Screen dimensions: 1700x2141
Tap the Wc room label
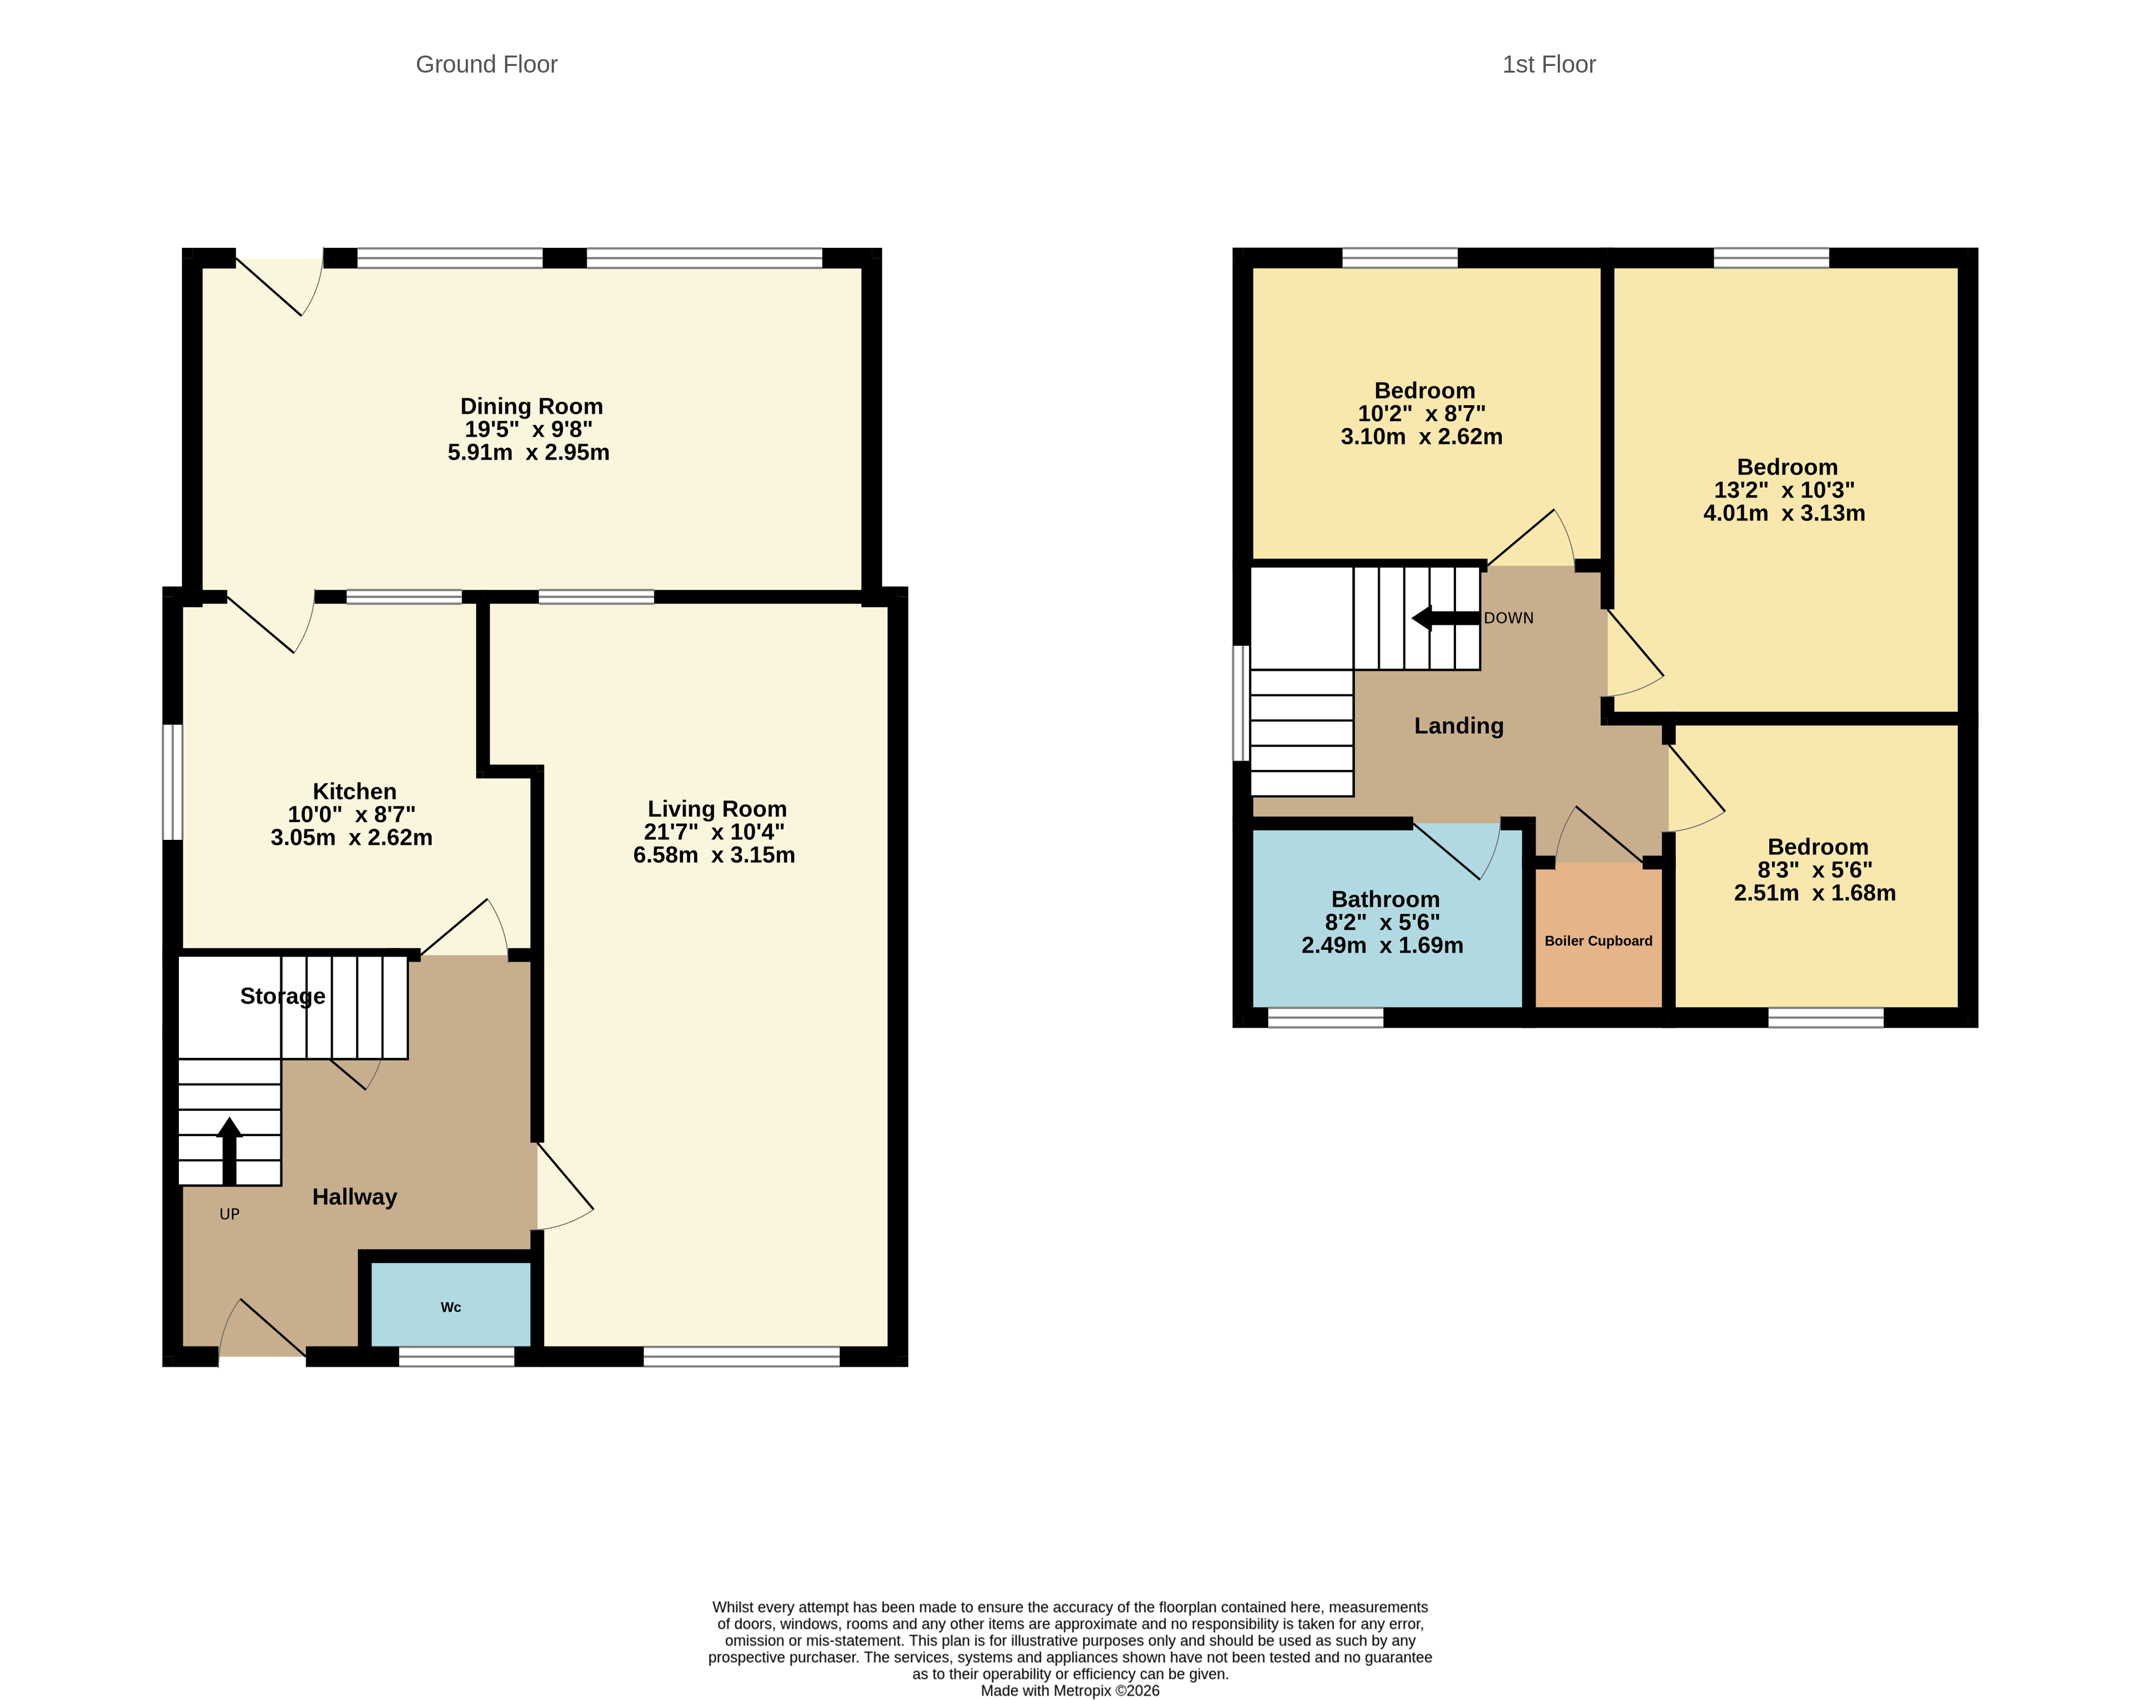click(450, 1307)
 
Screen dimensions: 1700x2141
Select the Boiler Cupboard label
click(1597, 941)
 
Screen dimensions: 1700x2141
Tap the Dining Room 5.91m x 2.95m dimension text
click(527, 453)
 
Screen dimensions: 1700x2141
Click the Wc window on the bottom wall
click(456, 1356)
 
